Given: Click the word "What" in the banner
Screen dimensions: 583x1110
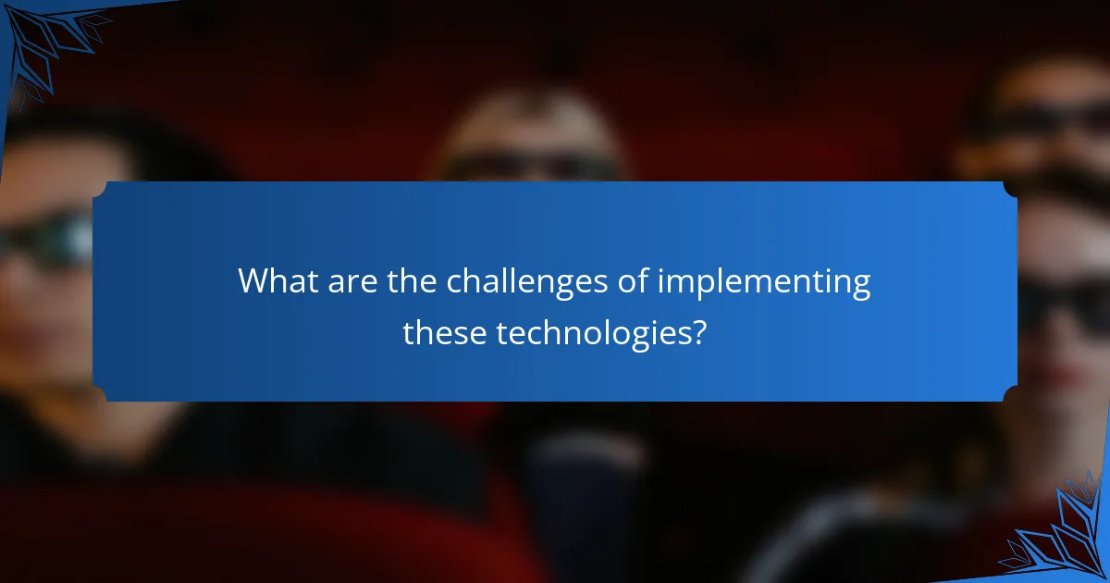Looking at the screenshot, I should pos(275,281).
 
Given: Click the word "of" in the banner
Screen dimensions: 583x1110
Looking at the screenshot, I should pos(634,281).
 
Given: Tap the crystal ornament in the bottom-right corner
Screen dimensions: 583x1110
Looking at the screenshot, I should pos(1059,537).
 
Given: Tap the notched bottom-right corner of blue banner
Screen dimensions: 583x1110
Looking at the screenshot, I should pos(1010,394).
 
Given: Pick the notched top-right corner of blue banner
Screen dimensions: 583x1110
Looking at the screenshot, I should pos(1010,189).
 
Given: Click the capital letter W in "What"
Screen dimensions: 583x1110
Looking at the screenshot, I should pos(253,281).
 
